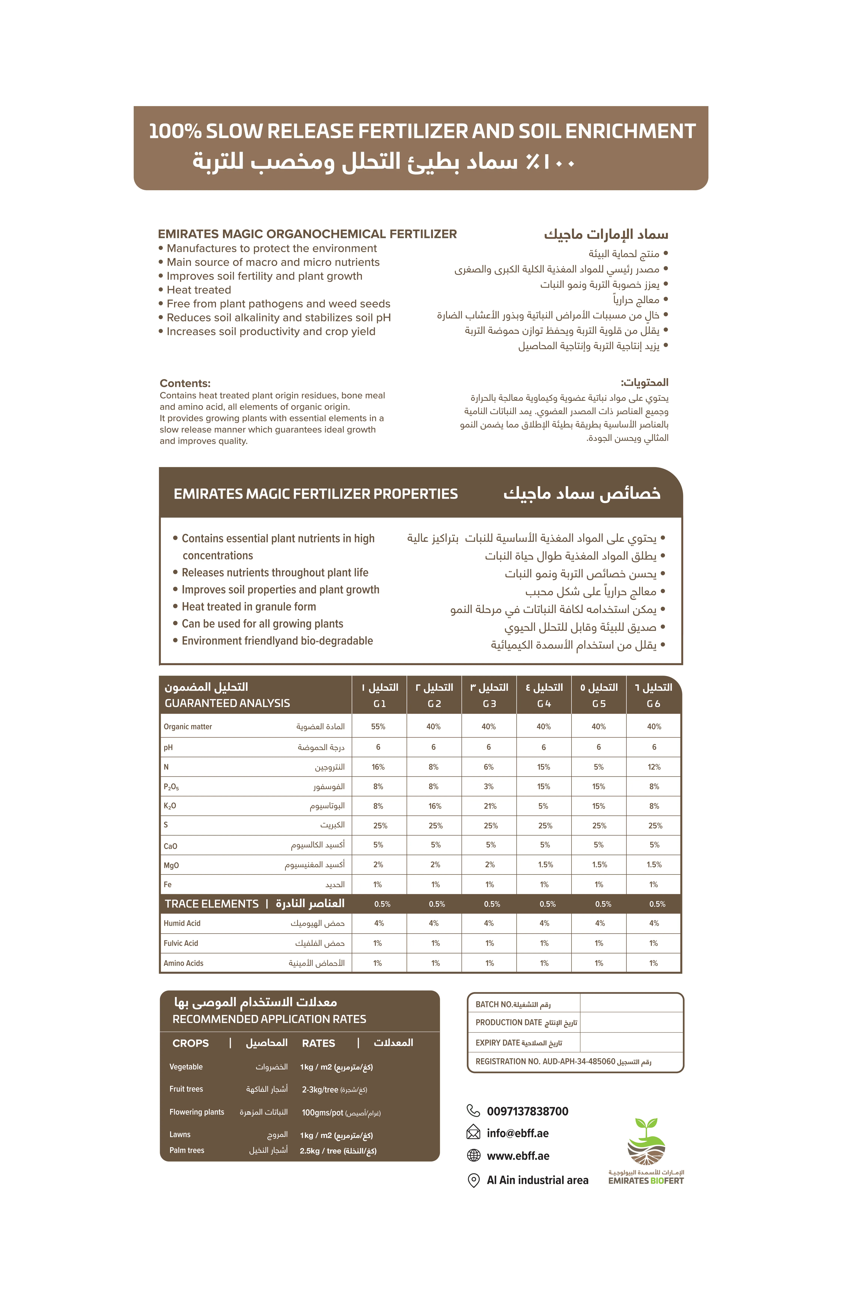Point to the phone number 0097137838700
[527, 1111]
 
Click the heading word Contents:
[185, 383]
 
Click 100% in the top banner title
[175, 132]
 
